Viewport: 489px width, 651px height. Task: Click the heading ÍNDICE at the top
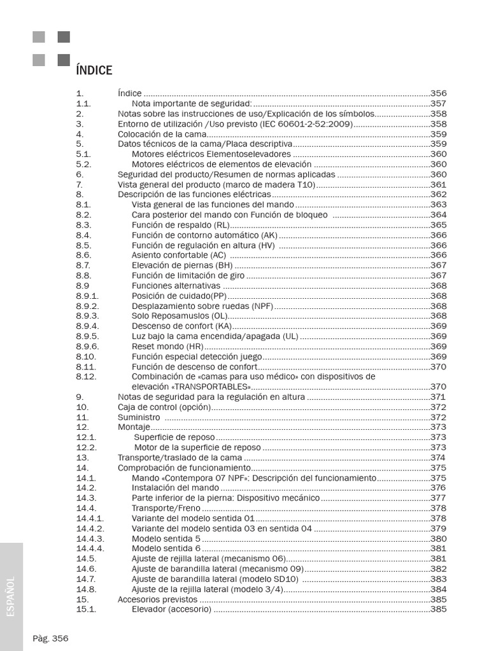pyautogui.click(x=94, y=71)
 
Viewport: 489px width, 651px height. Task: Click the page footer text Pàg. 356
pyautogui.click(x=50, y=638)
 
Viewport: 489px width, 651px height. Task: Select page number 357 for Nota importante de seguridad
pyautogui.click(x=438, y=104)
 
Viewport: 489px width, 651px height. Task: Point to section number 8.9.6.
pyautogui.click(x=87, y=346)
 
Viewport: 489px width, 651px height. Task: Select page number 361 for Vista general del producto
pyautogui.click(x=438, y=185)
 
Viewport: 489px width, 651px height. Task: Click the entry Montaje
pyautogui.click(x=134, y=427)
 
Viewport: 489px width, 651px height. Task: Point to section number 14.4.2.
pyautogui.click(x=90, y=528)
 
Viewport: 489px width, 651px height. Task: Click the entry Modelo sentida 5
pyautogui.click(x=166, y=538)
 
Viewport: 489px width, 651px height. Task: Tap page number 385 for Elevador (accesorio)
pyautogui.click(x=438, y=610)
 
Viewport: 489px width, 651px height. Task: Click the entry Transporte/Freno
pyautogui.click(x=166, y=508)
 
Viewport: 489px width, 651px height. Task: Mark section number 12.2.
pyautogui.click(x=86, y=448)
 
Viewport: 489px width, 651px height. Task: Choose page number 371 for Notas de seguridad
pyautogui.click(x=438, y=397)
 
